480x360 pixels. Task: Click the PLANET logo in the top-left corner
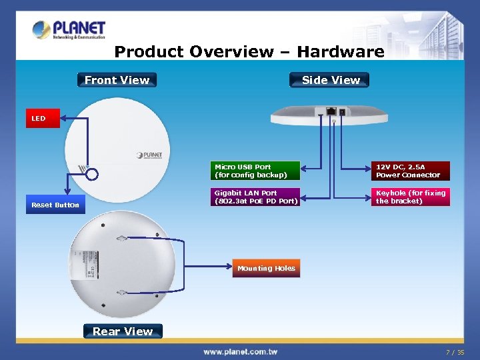[69, 30]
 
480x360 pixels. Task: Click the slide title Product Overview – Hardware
[249, 52]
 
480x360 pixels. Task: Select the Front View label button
[117, 80]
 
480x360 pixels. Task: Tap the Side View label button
[330, 80]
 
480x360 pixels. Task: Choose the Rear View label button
[123, 331]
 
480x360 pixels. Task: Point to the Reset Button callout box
[55, 205]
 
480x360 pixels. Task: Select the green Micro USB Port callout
[255, 171]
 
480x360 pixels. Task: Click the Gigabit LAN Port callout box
[255, 197]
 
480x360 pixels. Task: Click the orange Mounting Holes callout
[266, 268]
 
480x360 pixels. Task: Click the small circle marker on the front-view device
[92, 175]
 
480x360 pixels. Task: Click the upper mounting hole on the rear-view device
[122, 238]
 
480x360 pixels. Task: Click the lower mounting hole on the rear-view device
[122, 293]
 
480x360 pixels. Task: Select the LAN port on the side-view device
[331, 111]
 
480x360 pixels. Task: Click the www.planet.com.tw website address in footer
[240, 351]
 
